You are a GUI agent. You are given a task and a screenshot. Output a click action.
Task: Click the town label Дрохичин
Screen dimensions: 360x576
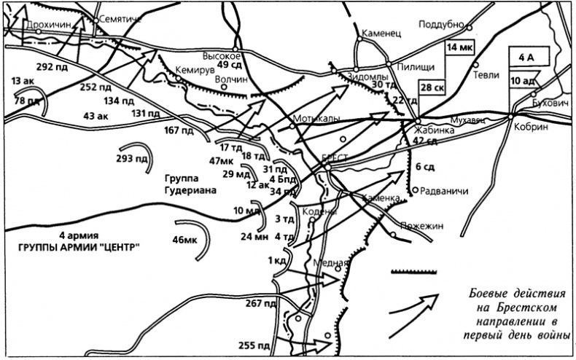click(48, 24)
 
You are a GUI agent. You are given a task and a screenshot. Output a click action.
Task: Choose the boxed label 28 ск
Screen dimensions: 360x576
click(431, 87)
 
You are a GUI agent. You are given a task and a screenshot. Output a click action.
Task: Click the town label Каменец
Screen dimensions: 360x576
click(380, 34)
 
